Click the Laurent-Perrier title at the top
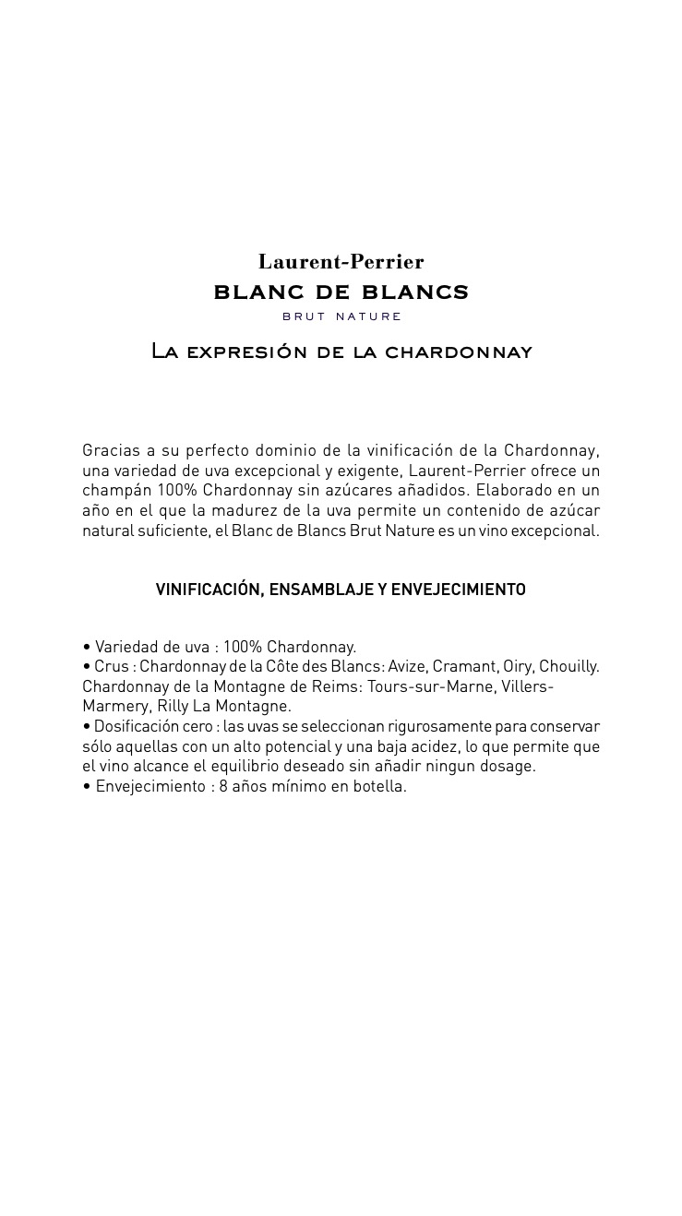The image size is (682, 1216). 341,262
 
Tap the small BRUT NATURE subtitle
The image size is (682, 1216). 341,316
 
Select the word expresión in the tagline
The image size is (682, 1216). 246,352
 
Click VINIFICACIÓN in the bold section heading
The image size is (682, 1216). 209,590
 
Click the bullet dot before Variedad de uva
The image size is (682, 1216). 87,647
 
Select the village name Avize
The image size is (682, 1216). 407,666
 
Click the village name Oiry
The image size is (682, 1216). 517,666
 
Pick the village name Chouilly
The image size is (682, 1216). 568,666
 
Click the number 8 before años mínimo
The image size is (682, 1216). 223,786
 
